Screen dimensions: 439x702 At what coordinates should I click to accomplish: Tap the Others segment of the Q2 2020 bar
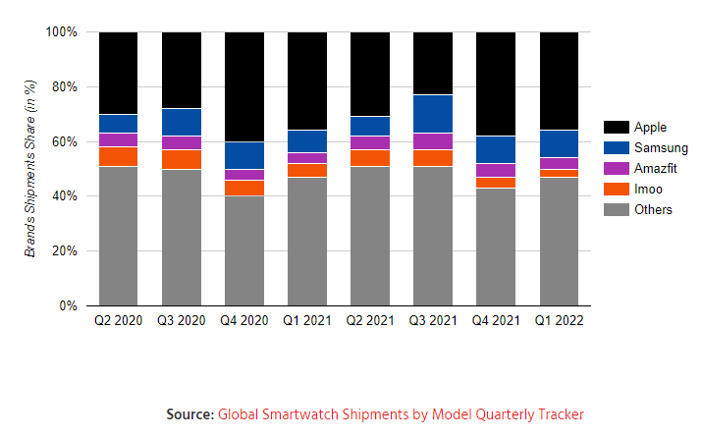[118, 236]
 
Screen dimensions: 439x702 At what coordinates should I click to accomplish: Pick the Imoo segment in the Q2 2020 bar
[118, 156]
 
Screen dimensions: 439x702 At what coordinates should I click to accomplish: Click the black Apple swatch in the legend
[616, 128]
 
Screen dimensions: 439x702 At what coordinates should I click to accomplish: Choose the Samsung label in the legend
[662, 148]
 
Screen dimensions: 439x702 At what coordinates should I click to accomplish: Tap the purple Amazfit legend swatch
[616, 169]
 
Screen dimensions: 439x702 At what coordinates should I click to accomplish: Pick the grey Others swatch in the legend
[616, 210]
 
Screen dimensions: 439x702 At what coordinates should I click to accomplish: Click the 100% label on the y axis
[61, 31]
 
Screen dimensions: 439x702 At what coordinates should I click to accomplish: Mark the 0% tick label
[68, 305]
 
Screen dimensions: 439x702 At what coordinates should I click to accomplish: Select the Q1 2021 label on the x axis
[306, 321]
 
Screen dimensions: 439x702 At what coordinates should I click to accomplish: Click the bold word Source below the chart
[190, 414]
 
